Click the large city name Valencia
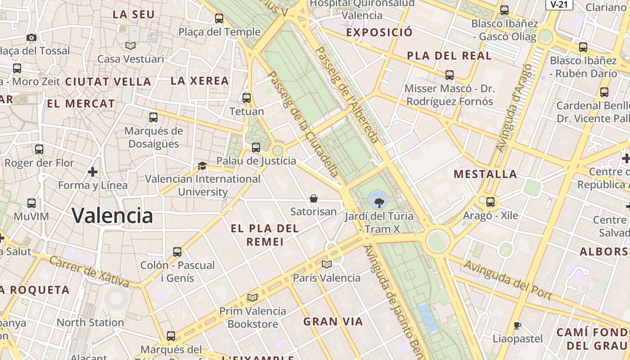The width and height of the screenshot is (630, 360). pyautogui.click(x=112, y=216)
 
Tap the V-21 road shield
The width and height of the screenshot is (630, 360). pyautogui.click(x=559, y=4)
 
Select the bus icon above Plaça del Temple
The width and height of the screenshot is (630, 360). pyautogui.click(x=219, y=18)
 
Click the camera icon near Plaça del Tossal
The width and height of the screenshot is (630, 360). pyautogui.click(x=31, y=37)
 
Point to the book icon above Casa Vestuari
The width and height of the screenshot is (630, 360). pyautogui.click(x=130, y=45)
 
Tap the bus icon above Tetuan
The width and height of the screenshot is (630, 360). pyautogui.click(x=247, y=98)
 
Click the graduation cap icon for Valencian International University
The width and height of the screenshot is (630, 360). pyautogui.click(x=202, y=166)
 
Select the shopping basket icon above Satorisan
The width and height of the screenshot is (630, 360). pyautogui.click(x=314, y=198)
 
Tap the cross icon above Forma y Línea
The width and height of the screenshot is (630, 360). pyautogui.click(x=93, y=171)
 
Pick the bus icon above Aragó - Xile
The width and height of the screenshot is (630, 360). pyautogui.click(x=490, y=202)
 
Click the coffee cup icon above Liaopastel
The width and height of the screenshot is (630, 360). pyautogui.click(x=517, y=325)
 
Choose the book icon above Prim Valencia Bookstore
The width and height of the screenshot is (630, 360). pyautogui.click(x=252, y=297)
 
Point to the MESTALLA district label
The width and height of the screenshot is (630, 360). pyautogui.click(x=485, y=174)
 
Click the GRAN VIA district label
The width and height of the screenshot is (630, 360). pyautogui.click(x=333, y=322)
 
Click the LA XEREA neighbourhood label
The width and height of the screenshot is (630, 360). pyautogui.click(x=200, y=81)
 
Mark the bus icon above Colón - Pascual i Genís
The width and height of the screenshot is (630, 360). pyautogui.click(x=177, y=252)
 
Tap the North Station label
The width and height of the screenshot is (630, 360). pyautogui.click(x=90, y=323)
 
